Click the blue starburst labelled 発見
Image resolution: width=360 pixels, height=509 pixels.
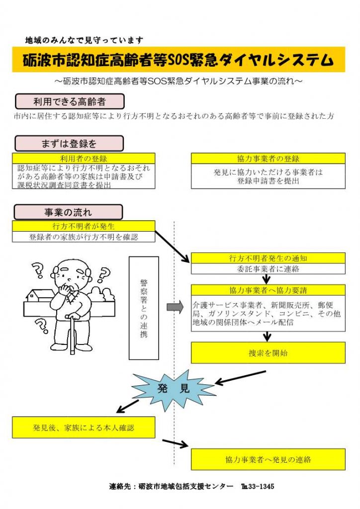(174, 388)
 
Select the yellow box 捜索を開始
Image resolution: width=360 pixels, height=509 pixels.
(268, 352)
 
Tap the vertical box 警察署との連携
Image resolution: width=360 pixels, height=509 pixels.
(144, 308)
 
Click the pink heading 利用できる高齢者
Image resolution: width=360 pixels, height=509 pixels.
(70, 101)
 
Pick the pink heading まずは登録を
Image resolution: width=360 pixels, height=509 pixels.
(69, 144)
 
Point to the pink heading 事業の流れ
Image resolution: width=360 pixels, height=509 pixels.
(68, 212)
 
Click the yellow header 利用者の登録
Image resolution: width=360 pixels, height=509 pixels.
(84, 159)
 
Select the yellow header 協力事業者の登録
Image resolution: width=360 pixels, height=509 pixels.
(268, 159)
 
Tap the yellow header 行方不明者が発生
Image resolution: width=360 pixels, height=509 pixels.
(84, 226)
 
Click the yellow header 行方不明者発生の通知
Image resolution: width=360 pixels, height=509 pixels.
(268, 258)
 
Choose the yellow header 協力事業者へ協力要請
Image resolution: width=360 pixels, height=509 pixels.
(268, 290)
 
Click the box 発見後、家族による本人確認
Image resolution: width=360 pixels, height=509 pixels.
(84, 427)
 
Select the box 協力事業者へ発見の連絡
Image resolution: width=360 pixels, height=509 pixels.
(268, 459)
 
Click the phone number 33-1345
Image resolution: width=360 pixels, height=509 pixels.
(261, 486)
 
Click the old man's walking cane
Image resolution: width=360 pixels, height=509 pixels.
(73, 335)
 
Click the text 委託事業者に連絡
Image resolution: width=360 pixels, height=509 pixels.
(268, 269)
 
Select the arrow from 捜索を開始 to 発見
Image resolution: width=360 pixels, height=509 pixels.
(241, 378)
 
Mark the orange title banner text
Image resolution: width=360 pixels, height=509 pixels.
(178, 60)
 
